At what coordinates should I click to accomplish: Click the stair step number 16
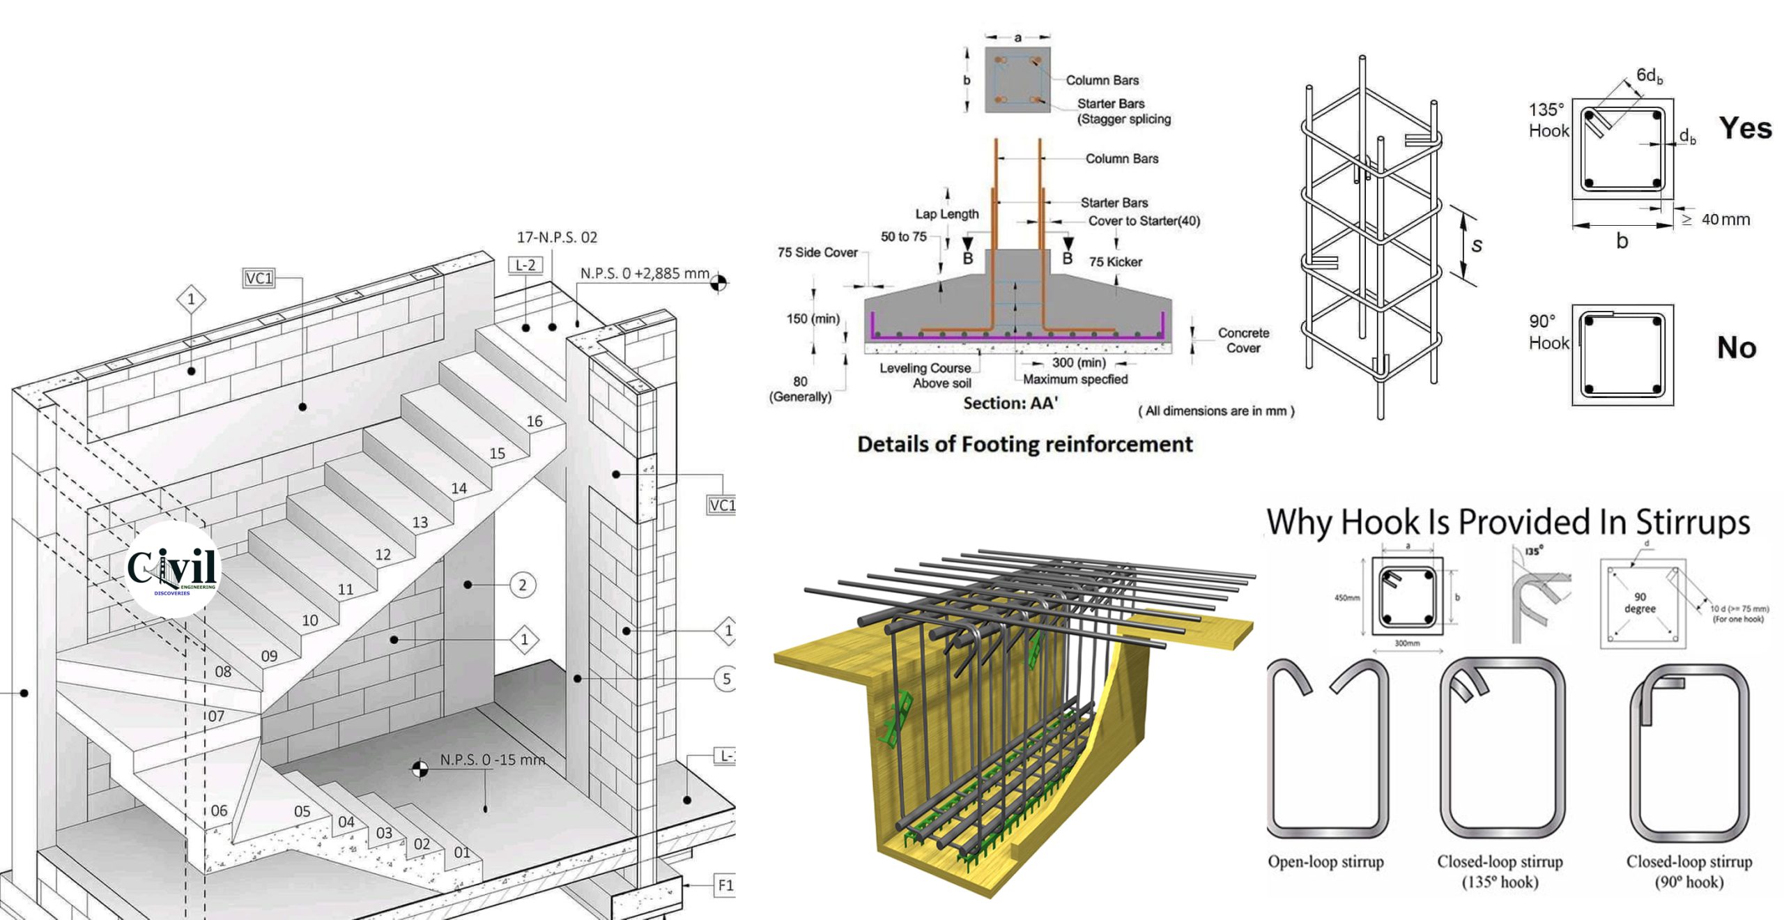tap(535, 421)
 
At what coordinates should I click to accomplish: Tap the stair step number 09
tap(269, 656)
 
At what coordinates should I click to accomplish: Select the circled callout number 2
tap(523, 585)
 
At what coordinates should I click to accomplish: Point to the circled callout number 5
tap(726, 679)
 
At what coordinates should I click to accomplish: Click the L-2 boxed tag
tap(525, 265)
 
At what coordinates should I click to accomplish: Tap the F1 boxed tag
tap(725, 885)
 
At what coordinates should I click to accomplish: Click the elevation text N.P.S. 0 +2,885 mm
tap(645, 273)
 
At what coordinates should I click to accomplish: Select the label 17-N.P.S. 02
tap(556, 238)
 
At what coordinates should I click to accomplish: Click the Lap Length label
tap(946, 214)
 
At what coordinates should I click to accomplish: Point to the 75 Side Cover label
tap(817, 252)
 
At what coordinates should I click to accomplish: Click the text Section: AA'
tap(1010, 403)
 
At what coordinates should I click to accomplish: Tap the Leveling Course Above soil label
tap(927, 375)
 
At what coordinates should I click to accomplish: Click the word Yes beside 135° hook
tap(1745, 128)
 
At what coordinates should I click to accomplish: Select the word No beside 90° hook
tap(1736, 347)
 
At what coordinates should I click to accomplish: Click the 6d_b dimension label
tap(1649, 75)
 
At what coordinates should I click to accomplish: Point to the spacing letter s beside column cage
tap(1477, 245)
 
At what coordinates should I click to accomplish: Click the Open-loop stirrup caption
tap(1325, 861)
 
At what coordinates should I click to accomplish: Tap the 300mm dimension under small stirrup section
tap(1407, 643)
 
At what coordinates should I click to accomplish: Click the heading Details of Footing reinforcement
tap(1024, 444)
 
